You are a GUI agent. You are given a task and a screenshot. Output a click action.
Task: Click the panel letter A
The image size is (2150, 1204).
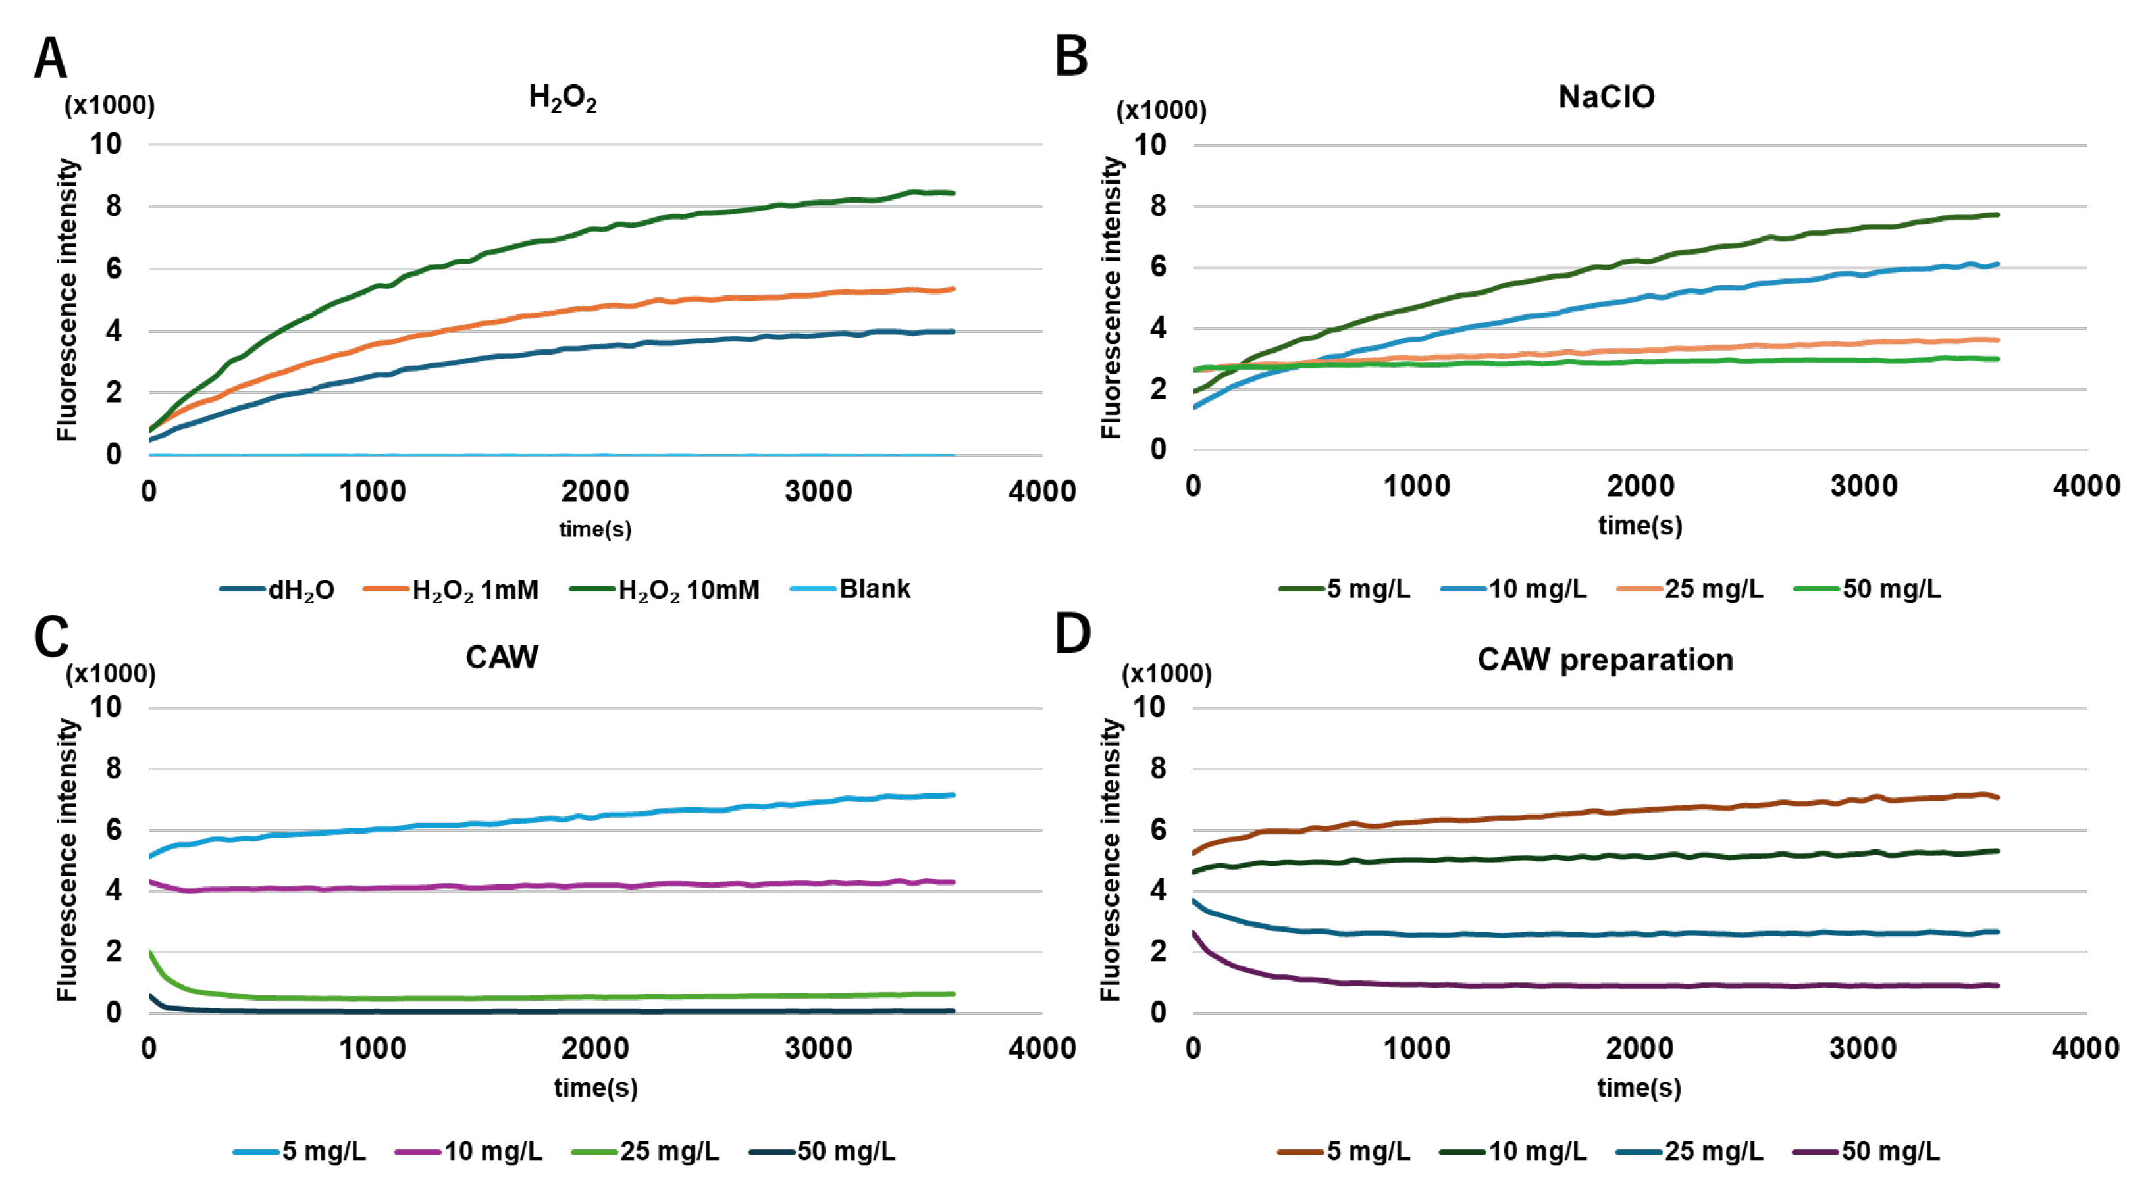(x=50, y=58)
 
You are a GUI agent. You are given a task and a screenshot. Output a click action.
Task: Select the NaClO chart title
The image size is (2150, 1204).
(x=1606, y=97)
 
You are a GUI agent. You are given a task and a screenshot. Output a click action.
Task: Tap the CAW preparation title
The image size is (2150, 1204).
(x=1604, y=659)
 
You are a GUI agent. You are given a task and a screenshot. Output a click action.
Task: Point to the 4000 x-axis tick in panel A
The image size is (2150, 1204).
(x=1041, y=491)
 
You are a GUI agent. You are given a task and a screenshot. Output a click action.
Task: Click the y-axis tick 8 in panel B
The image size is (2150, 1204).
(x=1158, y=206)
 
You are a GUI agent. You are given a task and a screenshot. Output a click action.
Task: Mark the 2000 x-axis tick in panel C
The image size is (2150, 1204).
(x=595, y=1048)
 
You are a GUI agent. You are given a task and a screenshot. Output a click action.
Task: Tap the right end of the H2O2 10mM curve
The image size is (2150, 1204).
(x=953, y=193)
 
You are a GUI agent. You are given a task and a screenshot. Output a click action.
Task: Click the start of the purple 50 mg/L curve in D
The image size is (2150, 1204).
(x=1194, y=933)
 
